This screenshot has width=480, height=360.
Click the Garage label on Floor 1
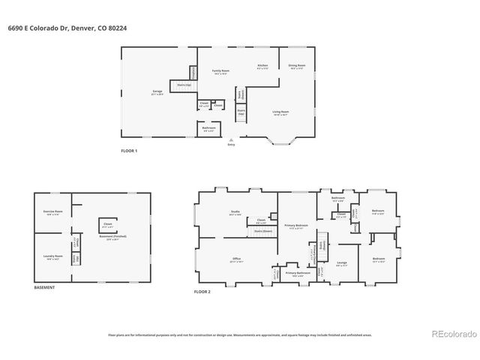tap(157, 91)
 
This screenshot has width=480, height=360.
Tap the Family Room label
tap(220, 71)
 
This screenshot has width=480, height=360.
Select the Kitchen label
tap(262, 66)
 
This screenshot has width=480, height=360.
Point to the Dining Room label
tap(297, 66)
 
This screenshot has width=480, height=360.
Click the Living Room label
tap(280, 112)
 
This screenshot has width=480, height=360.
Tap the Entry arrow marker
tap(231, 139)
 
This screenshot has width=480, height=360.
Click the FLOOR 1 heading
tap(129, 151)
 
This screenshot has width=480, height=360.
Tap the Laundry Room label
tap(52, 256)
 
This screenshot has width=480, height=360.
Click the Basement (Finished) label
tap(109, 238)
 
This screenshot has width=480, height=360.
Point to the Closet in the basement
tap(107, 223)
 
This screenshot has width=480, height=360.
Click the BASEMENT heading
tap(44, 288)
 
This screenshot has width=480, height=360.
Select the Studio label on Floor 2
tap(235, 212)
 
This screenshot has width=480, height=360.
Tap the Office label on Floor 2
tap(236, 259)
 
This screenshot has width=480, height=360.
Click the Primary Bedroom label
tap(295, 226)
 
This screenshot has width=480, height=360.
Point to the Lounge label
tap(341, 262)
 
